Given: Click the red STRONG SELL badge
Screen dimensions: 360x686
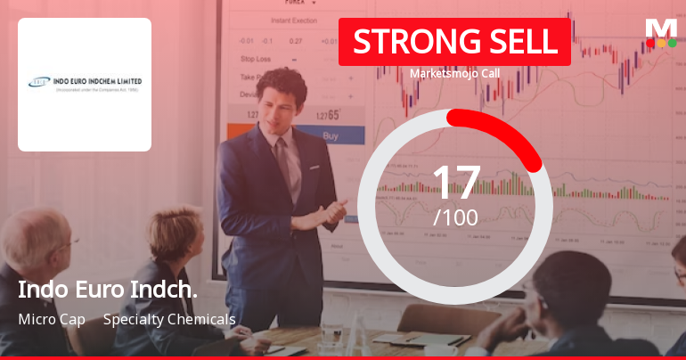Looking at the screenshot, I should pos(454,42).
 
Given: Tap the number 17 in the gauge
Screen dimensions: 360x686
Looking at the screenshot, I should pos(456,183).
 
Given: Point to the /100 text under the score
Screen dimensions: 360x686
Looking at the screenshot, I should pos(456,217).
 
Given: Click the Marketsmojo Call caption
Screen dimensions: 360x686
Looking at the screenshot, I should pos(454,73).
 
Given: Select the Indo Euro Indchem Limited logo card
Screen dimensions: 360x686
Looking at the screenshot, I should pos(85,85).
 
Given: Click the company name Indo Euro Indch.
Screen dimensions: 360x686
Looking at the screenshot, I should pos(108,290).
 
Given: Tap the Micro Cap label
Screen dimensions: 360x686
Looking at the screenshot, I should pos(52,319).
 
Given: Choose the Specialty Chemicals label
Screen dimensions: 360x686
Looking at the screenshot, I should pos(169,319).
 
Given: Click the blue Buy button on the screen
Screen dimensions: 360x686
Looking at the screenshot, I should pos(331,136).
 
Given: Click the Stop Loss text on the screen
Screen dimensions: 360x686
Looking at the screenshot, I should pos(256,59).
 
